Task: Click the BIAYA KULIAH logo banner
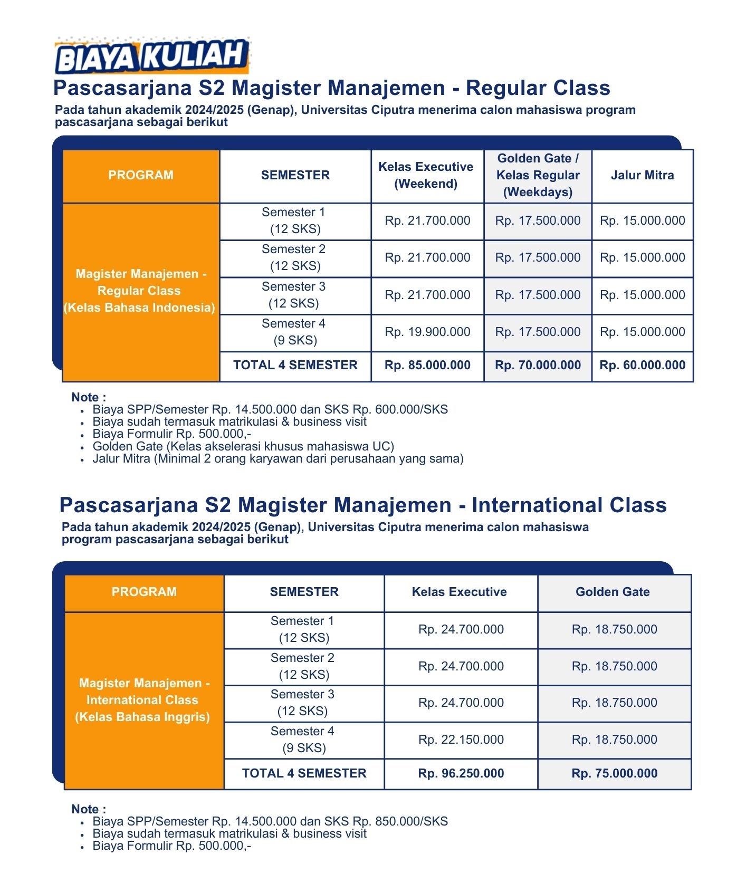coord(152,56)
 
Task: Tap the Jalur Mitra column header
coord(642,176)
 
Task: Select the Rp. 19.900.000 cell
coord(427,332)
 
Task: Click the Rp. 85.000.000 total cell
coord(427,366)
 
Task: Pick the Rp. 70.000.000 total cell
coord(538,366)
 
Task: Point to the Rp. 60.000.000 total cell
coord(642,366)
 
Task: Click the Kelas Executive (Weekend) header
coord(426,176)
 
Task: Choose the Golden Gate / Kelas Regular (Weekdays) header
coord(538,176)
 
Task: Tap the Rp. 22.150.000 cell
coord(461,740)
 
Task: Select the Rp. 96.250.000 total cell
coord(461,774)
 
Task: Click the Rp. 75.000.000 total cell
coord(614,774)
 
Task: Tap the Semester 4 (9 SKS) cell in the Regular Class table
coord(294,332)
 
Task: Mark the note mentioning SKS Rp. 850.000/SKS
coord(270,822)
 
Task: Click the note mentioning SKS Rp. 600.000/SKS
coord(270,410)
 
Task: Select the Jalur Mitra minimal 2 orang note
coord(278,459)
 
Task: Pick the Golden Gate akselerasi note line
coord(243,447)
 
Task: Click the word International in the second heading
coord(537,505)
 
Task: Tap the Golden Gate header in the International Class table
coord(613,592)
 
